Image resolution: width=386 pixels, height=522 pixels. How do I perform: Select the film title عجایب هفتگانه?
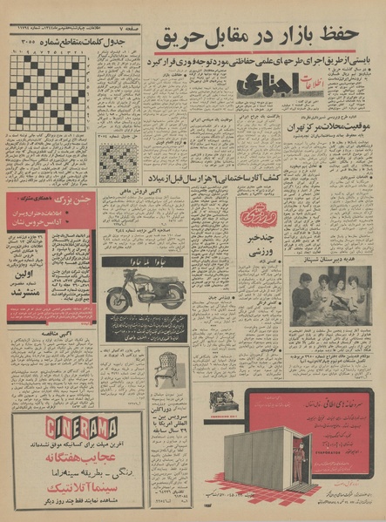[61, 459]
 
